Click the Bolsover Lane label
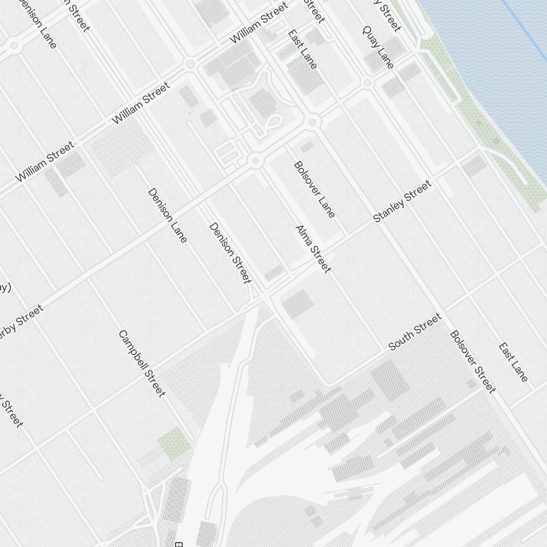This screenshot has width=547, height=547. (315, 189)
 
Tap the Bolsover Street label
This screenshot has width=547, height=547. (473, 362)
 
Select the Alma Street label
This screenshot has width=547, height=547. (313, 249)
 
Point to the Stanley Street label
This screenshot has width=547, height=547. (402, 201)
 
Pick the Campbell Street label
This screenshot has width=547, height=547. (142, 364)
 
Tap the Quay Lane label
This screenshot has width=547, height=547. (378, 47)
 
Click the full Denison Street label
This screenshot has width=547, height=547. (230, 253)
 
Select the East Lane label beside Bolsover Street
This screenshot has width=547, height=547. (513, 362)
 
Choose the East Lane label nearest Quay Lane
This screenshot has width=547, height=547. (302, 49)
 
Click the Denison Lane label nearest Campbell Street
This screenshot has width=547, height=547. (167, 216)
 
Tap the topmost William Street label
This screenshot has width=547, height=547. (258, 23)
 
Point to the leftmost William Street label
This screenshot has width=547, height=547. (44, 161)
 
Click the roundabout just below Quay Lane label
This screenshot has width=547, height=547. (368, 83)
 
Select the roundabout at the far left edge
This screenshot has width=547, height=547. (13, 45)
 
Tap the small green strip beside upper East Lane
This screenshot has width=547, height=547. (294, 63)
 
